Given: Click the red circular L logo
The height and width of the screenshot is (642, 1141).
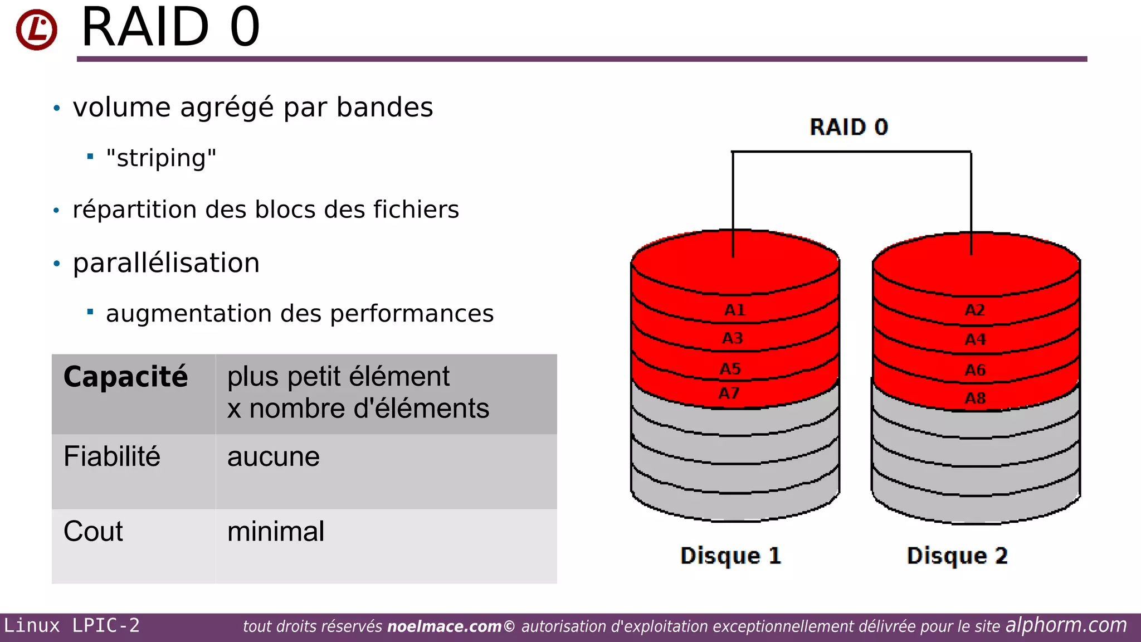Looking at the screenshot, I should (36, 29).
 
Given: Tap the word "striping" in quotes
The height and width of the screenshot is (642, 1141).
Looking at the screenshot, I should (161, 158).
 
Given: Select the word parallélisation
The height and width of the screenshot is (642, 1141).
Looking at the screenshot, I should (166, 262).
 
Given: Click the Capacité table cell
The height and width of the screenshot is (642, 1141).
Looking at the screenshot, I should (125, 377).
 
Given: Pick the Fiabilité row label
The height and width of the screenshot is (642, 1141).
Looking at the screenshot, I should (112, 456).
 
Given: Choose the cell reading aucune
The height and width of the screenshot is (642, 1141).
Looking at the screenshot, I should (273, 457).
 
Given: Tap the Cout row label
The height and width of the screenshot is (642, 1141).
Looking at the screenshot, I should (93, 531).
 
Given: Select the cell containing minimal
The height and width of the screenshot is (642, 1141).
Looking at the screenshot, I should (275, 531).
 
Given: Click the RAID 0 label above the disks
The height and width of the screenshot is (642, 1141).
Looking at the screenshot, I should (849, 127).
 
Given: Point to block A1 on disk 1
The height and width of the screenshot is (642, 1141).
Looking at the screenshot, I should (734, 310).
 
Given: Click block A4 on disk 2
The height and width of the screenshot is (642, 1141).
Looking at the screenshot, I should (975, 339).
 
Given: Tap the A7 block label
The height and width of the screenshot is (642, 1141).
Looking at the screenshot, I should (729, 393).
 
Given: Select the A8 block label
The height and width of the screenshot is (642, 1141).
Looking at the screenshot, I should (975, 398).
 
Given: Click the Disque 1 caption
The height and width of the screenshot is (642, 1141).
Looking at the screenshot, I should (730, 556).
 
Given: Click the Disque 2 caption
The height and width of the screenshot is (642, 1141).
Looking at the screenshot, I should (957, 556).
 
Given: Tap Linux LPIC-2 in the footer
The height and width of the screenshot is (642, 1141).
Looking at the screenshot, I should (72, 626).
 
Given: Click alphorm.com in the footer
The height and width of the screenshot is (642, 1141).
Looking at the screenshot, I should (1066, 625).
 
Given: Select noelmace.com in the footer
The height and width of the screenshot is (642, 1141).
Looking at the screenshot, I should (444, 626).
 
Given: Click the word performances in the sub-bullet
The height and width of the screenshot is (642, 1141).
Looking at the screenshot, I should (412, 314).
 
